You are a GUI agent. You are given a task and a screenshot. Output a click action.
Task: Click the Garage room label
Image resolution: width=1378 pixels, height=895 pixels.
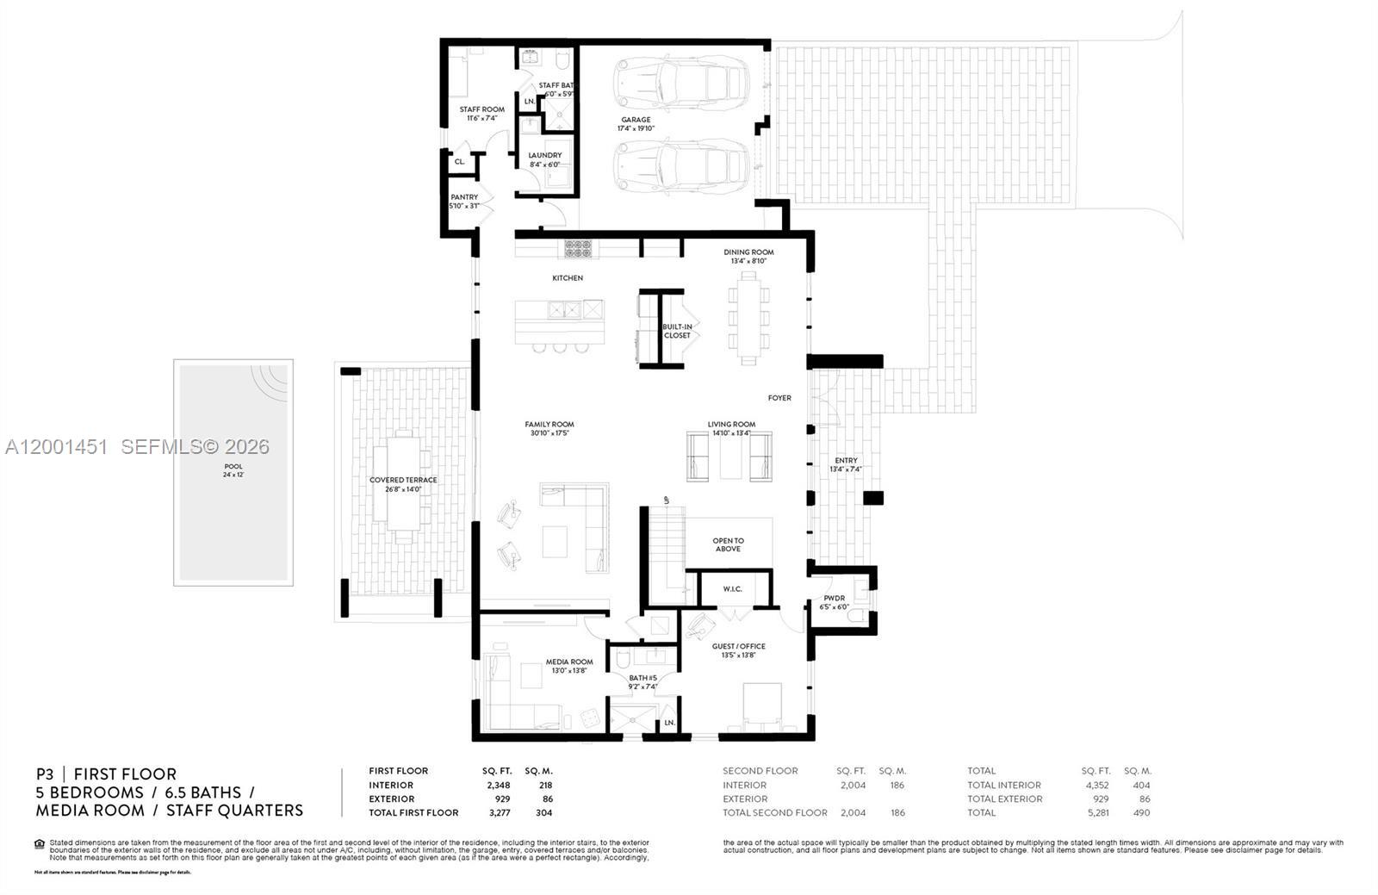636,121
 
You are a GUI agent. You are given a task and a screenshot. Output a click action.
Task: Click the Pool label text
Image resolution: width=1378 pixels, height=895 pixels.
233,466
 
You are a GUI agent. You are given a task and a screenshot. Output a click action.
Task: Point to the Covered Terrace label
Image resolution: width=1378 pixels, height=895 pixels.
403,480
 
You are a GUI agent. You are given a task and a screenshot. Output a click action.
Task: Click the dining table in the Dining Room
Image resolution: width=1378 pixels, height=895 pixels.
748,317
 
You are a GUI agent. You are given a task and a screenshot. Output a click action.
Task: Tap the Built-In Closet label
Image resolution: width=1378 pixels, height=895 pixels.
677,331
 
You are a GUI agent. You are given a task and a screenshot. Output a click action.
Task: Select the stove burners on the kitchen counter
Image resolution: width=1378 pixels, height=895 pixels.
579,248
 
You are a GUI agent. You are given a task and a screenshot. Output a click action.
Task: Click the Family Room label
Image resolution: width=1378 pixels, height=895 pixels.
549,425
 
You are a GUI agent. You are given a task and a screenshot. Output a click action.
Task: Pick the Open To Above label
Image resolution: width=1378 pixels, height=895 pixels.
728,544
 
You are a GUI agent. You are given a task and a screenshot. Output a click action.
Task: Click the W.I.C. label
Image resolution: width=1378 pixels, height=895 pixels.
733,589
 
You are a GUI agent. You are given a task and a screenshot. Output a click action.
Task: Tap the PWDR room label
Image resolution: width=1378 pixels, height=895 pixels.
834,598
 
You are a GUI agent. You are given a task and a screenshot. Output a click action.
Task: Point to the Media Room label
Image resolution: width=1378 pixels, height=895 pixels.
569,662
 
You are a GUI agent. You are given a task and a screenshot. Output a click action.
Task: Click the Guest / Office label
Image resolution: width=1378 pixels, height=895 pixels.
738,646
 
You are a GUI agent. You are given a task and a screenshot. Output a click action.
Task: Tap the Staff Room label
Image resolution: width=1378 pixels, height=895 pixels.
481,109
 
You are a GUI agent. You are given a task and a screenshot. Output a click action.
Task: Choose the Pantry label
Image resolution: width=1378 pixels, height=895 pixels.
464,197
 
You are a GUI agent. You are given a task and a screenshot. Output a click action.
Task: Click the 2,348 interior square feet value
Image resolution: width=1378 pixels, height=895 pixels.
496,785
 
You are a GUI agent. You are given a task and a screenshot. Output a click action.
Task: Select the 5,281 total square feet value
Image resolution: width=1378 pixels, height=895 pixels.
1096,812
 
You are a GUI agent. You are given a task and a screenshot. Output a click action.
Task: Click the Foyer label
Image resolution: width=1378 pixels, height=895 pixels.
779,398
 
